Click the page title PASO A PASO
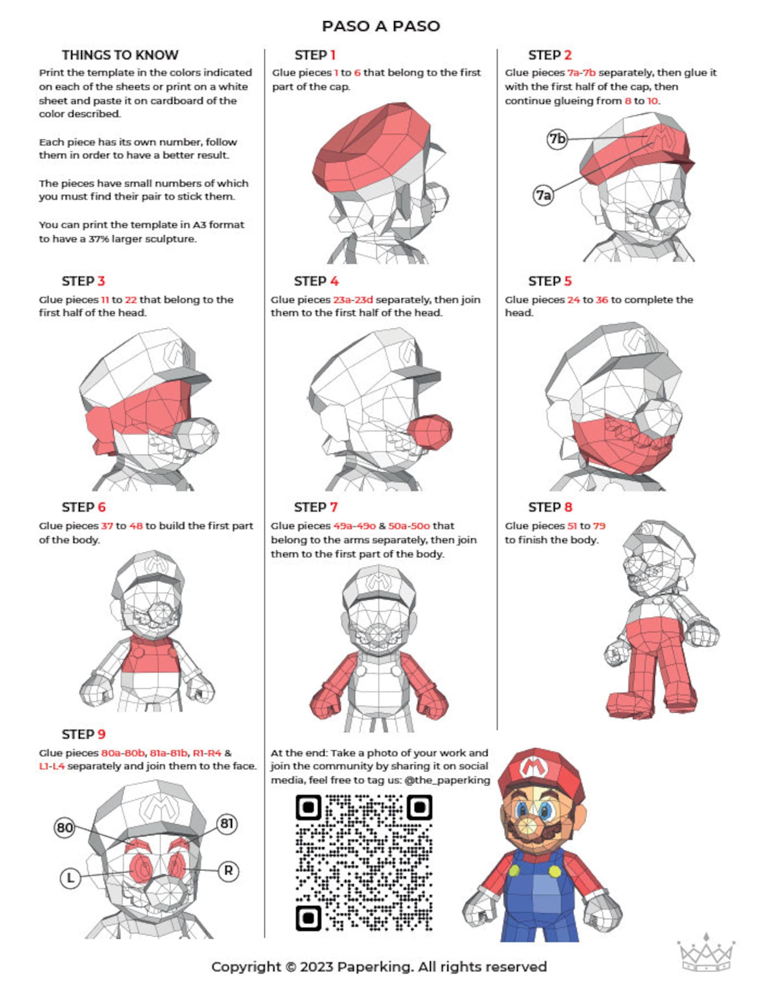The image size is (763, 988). (x=381, y=26)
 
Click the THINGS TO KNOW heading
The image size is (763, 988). (x=120, y=55)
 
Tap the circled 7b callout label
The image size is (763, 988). (x=557, y=139)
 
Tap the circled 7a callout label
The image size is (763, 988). (x=543, y=195)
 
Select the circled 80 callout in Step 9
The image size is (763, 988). (x=64, y=827)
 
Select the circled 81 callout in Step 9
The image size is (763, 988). (x=226, y=824)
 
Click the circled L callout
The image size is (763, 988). (x=70, y=878)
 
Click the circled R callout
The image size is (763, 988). (x=228, y=870)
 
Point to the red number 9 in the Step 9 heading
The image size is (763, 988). (x=101, y=734)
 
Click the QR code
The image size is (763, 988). (x=364, y=863)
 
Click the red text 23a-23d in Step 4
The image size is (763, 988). (x=353, y=299)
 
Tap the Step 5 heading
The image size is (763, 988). (x=550, y=281)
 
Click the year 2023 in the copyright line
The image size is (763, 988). (x=316, y=966)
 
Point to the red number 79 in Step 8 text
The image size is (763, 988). (x=599, y=526)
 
